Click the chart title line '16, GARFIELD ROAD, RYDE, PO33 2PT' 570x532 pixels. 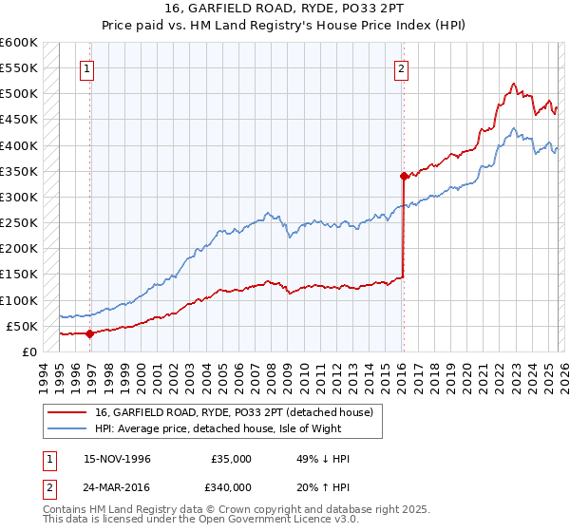click(x=284, y=9)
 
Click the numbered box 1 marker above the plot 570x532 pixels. click(x=86, y=67)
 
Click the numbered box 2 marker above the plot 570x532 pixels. click(x=402, y=67)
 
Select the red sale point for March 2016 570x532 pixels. click(x=404, y=176)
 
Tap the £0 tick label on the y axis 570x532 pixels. click(x=29, y=351)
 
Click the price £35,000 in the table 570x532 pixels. click(x=232, y=459)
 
